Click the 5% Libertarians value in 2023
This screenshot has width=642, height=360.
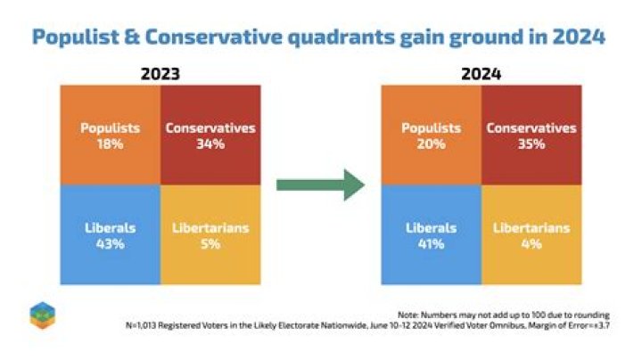[x=210, y=243]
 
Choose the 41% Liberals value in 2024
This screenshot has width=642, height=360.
[x=431, y=243]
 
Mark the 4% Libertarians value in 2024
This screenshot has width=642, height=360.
[x=531, y=243]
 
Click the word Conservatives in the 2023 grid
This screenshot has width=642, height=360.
[x=210, y=128]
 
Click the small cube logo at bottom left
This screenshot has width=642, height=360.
[x=41, y=314]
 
